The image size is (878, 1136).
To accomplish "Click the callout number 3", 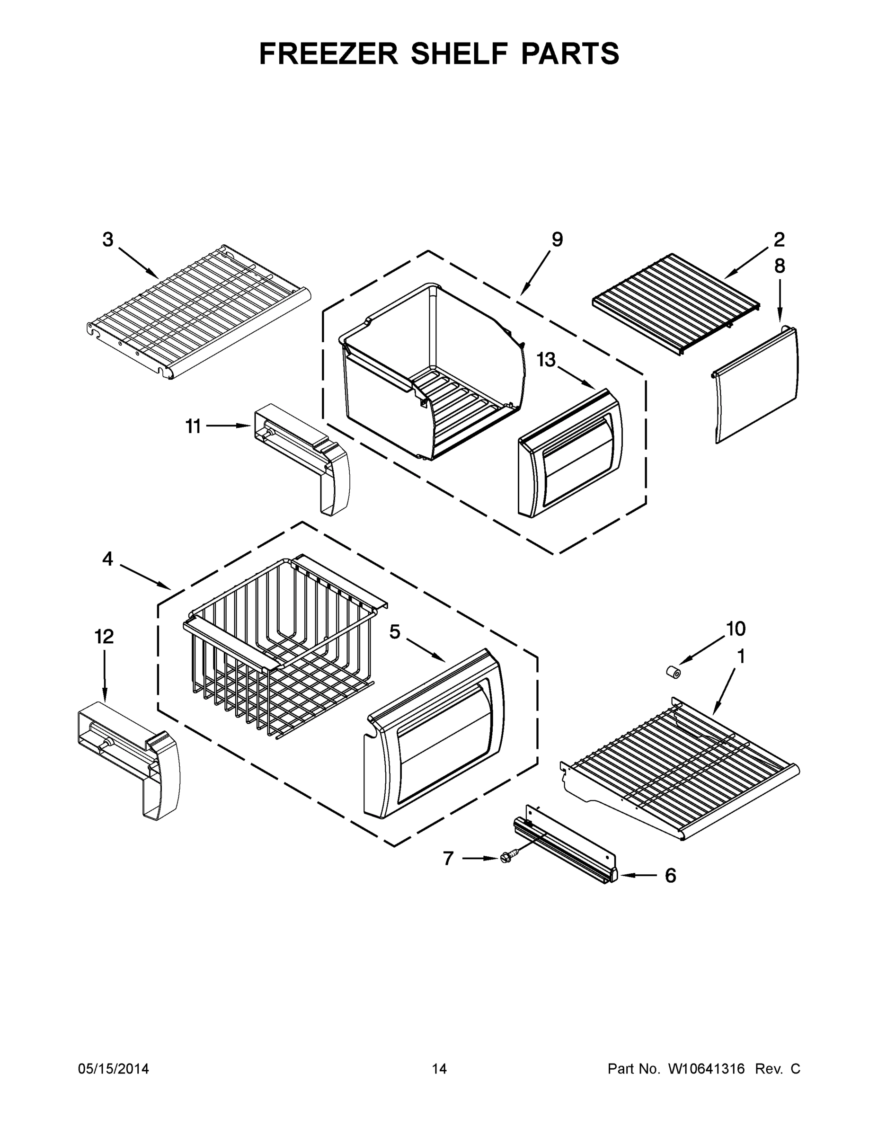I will point(107,240).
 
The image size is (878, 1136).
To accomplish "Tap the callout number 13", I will point(546,359).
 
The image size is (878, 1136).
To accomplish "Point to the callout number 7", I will point(448,858).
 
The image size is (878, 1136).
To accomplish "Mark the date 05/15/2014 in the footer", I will point(114,1069).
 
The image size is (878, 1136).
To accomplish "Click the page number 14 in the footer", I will point(439,1069).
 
